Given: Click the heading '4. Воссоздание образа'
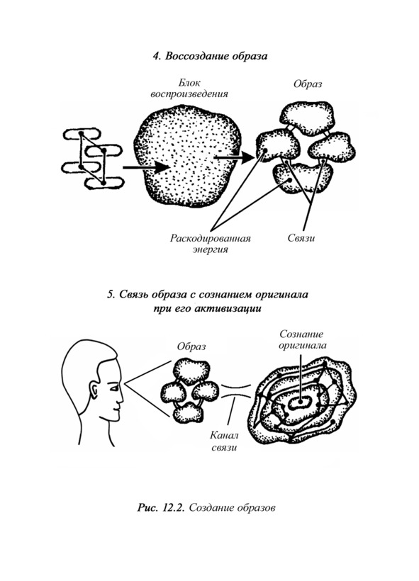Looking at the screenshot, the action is [210, 56].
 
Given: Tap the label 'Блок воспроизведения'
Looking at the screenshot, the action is [189, 88].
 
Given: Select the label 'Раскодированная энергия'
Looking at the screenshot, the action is [211, 244].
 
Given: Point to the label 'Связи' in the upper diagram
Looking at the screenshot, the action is [301, 238].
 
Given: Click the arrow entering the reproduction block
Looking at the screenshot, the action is [146, 167].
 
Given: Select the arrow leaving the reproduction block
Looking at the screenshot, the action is [235, 157].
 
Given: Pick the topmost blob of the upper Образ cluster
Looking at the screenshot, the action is [308, 118].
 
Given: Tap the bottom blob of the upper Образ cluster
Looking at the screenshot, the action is [303, 179].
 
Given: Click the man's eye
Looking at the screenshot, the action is [114, 388].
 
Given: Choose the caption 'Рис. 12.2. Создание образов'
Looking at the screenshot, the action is [206, 507].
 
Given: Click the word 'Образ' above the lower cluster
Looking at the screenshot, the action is [191, 346].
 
